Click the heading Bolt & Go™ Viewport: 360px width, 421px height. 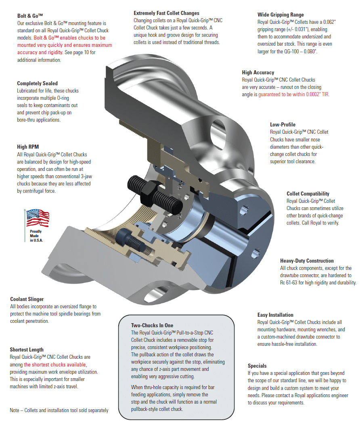click(x=30, y=16)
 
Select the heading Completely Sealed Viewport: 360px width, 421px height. click(x=37, y=84)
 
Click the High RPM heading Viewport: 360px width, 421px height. click(x=28, y=147)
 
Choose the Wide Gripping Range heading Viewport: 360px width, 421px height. click(x=280, y=15)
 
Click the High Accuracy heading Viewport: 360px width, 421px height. click(x=258, y=73)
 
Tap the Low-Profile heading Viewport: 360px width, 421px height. click(x=283, y=124)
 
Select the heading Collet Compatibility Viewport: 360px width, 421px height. click(x=308, y=194)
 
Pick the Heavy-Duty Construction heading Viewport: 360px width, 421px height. click(x=307, y=261)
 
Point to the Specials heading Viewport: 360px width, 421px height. click(x=257, y=366)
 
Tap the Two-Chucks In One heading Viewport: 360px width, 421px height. click(x=152, y=325)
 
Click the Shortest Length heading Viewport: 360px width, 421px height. click(x=27, y=350)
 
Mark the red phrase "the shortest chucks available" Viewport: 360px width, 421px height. click(x=55, y=364)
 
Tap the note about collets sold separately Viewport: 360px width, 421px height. click(x=59, y=410)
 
